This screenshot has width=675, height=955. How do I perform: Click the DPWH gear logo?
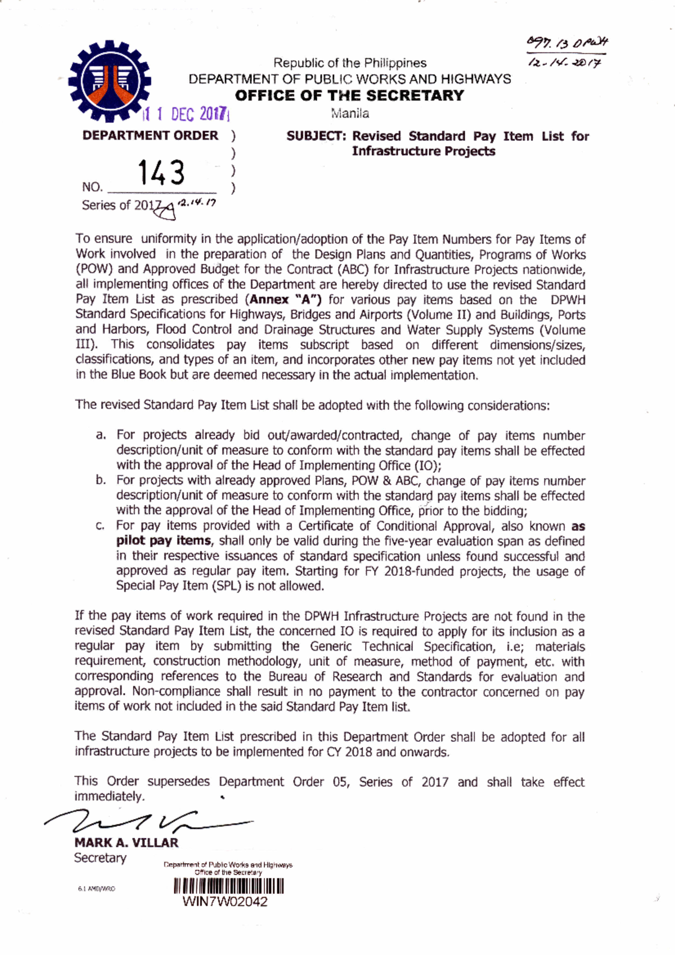coord(109,80)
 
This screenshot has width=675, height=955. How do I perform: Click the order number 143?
coord(161,173)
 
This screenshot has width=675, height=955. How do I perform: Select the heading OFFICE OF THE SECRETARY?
coord(349,95)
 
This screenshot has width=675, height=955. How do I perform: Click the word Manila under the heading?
coord(350,113)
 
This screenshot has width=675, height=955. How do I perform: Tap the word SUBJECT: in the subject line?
coord(316,136)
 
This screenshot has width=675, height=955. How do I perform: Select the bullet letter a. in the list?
coord(101,435)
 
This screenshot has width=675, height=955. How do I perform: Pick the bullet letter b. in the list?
coord(101,480)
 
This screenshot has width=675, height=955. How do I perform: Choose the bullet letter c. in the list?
coord(101,526)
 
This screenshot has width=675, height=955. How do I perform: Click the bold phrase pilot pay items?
coord(164,541)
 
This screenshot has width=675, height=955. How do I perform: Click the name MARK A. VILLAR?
coord(126,842)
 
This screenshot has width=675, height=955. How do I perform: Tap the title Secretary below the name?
coord(100,858)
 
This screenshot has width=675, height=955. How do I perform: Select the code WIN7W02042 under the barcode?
coord(225,902)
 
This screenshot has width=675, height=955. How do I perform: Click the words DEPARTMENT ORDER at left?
coord(150,136)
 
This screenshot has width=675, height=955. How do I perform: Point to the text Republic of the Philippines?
coord(349,63)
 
